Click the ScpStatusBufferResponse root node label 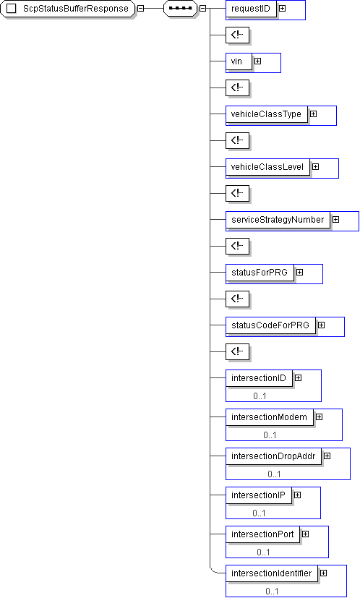[x=75, y=9]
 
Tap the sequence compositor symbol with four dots [x=181, y=9]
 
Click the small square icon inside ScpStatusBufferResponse [x=12, y=9]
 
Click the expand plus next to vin [x=258, y=61]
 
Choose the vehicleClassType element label [x=266, y=114]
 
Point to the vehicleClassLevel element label [x=267, y=166]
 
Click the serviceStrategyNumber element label [x=278, y=220]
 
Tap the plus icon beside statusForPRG [x=300, y=273]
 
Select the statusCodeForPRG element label [x=270, y=325]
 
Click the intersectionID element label [x=259, y=378]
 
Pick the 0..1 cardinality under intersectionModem [x=270, y=435]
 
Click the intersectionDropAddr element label [x=273, y=456]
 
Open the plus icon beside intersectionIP [x=297, y=495]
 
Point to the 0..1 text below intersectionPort [x=264, y=552]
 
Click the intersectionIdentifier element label [x=272, y=573]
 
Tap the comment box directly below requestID [x=237, y=35]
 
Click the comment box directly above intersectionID [x=237, y=351]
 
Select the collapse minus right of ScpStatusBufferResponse [x=141, y=9]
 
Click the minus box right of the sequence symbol [x=203, y=9]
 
